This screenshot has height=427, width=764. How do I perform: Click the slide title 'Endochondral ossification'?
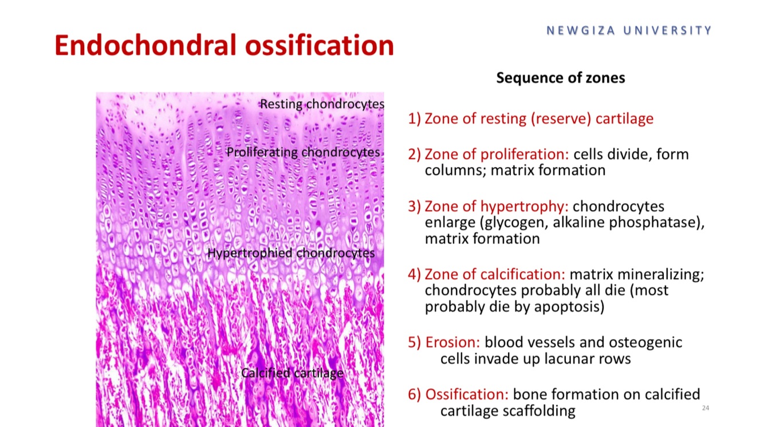pyautogui.click(x=224, y=46)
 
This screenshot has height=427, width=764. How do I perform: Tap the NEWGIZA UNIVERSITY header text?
pyautogui.click(x=629, y=30)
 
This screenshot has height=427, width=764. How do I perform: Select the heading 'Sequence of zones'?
pyautogui.click(x=560, y=78)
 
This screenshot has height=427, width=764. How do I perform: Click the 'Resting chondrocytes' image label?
pyautogui.click(x=322, y=104)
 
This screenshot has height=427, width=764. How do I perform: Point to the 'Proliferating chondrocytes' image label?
pyautogui.click(x=303, y=152)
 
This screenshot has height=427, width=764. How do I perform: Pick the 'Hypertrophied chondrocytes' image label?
pyautogui.click(x=291, y=253)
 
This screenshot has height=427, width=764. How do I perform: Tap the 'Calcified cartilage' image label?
pyautogui.click(x=292, y=373)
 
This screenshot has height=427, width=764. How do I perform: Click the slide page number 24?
pyautogui.click(x=705, y=408)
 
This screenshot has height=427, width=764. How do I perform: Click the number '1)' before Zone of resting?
pyautogui.click(x=414, y=119)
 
